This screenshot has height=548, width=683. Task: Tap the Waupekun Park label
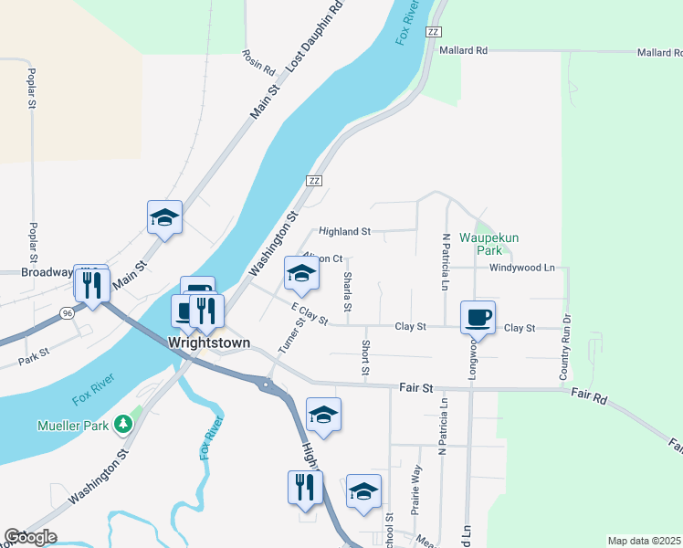click(489, 243)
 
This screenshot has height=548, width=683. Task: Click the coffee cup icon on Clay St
click(478, 318)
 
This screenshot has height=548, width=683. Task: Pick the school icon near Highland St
click(302, 273)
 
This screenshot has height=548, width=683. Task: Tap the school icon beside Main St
click(165, 217)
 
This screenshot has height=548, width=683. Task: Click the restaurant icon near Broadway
click(91, 285)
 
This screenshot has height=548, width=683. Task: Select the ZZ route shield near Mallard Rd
click(433, 32)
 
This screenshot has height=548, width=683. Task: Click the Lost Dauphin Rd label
click(313, 37)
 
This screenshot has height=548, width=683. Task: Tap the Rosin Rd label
click(258, 62)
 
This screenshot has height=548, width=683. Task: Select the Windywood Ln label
click(522, 268)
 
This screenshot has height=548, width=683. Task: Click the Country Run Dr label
click(565, 348)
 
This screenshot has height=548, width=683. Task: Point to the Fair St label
click(415, 388)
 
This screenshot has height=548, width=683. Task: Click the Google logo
click(30, 537)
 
